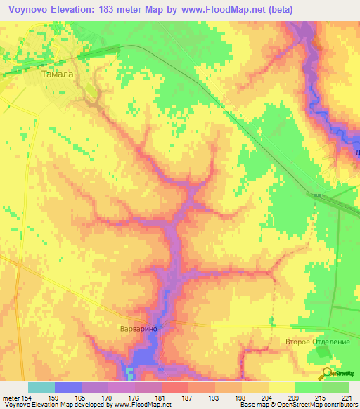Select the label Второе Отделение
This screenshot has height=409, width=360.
coord(317,342)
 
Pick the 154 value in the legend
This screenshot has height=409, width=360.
coord(28,398)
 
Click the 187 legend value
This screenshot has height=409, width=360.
coord(188,398)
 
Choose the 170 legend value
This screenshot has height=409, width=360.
coord(108,398)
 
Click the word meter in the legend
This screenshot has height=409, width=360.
coord(11,398)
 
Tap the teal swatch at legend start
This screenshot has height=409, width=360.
coord(41,387)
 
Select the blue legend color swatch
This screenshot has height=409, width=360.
coord(67,387)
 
